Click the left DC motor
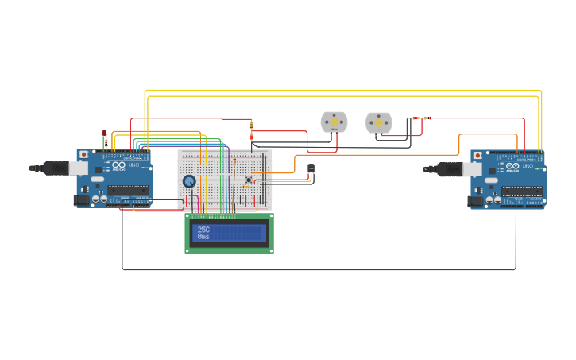(x=334, y=122)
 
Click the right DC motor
(x=378, y=122)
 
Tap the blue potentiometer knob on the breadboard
(x=189, y=181)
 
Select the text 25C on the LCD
(x=204, y=230)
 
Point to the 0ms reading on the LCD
(x=204, y=237)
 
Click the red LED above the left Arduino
(x=105, y=133)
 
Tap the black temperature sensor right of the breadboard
(x=311, y=168)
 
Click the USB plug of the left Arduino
(x=56, y=168)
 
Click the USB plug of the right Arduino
(x=450, y=168)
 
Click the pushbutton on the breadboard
(x=249, y=180)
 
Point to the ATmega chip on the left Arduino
(x=128, y=190)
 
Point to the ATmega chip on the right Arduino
(x=522, y=191)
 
